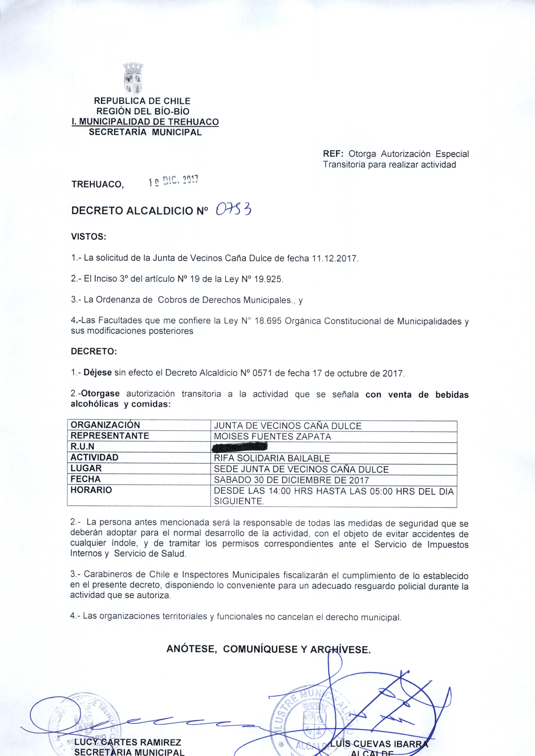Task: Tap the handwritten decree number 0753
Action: [x=234, y=209]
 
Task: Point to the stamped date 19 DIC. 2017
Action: [x=173, y=181]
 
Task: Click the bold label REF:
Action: [x=333, y=154]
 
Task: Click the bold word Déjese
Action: [x=98, y=373]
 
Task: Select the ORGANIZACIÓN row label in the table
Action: [x=105, y=425]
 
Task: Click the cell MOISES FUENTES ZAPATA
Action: [x=272, y=437]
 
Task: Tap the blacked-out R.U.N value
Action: [x=240, y=447]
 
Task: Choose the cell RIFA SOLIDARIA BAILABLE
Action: [x=272, y=458]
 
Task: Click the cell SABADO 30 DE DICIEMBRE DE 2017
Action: [x=291, y=480]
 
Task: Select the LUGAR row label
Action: [x=86, y=468]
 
